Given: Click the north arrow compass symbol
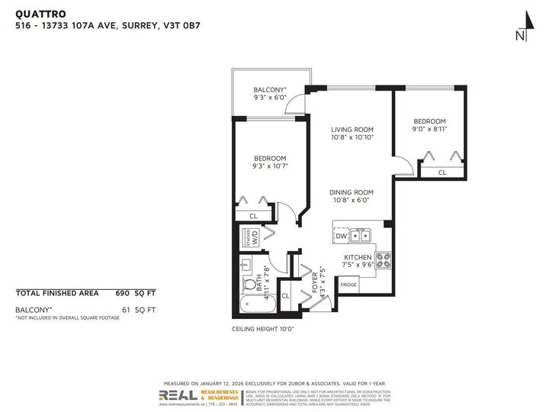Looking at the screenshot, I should point(520,25).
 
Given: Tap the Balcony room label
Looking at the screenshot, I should point(270,90).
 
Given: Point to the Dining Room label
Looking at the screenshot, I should point(351,192).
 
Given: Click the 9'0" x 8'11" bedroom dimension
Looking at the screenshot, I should point(429,130).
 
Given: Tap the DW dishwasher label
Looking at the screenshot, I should point(342,237).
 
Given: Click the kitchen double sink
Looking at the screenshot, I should point(361,236).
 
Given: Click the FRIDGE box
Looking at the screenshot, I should point(348,285).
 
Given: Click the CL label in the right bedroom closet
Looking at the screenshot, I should point(441,172).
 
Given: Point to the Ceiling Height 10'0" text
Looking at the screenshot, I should point(262,329).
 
